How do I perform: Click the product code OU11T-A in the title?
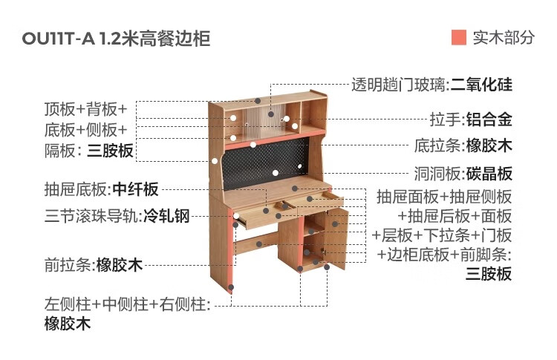(58, 39)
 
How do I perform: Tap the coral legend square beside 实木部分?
(459, 37)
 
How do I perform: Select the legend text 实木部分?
(504, 38)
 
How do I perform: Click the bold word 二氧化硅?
(481, 85)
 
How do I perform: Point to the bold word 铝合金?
(489, 120)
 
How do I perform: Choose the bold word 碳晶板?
(489, 174)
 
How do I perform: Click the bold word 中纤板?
(135, 189)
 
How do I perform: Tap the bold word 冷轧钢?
(166, 216)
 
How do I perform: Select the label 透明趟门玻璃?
(398, 85)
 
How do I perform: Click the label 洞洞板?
(437, 174)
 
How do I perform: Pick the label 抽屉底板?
(76, 189)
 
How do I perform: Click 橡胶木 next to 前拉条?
(120, 265)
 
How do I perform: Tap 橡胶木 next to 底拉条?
(489, 145)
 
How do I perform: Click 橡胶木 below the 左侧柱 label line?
(68, 324)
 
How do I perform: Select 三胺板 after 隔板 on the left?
(110, 151)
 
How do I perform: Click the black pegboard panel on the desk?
(264, 163)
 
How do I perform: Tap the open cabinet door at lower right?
(337, 238)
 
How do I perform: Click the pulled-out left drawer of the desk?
(264, 215)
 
